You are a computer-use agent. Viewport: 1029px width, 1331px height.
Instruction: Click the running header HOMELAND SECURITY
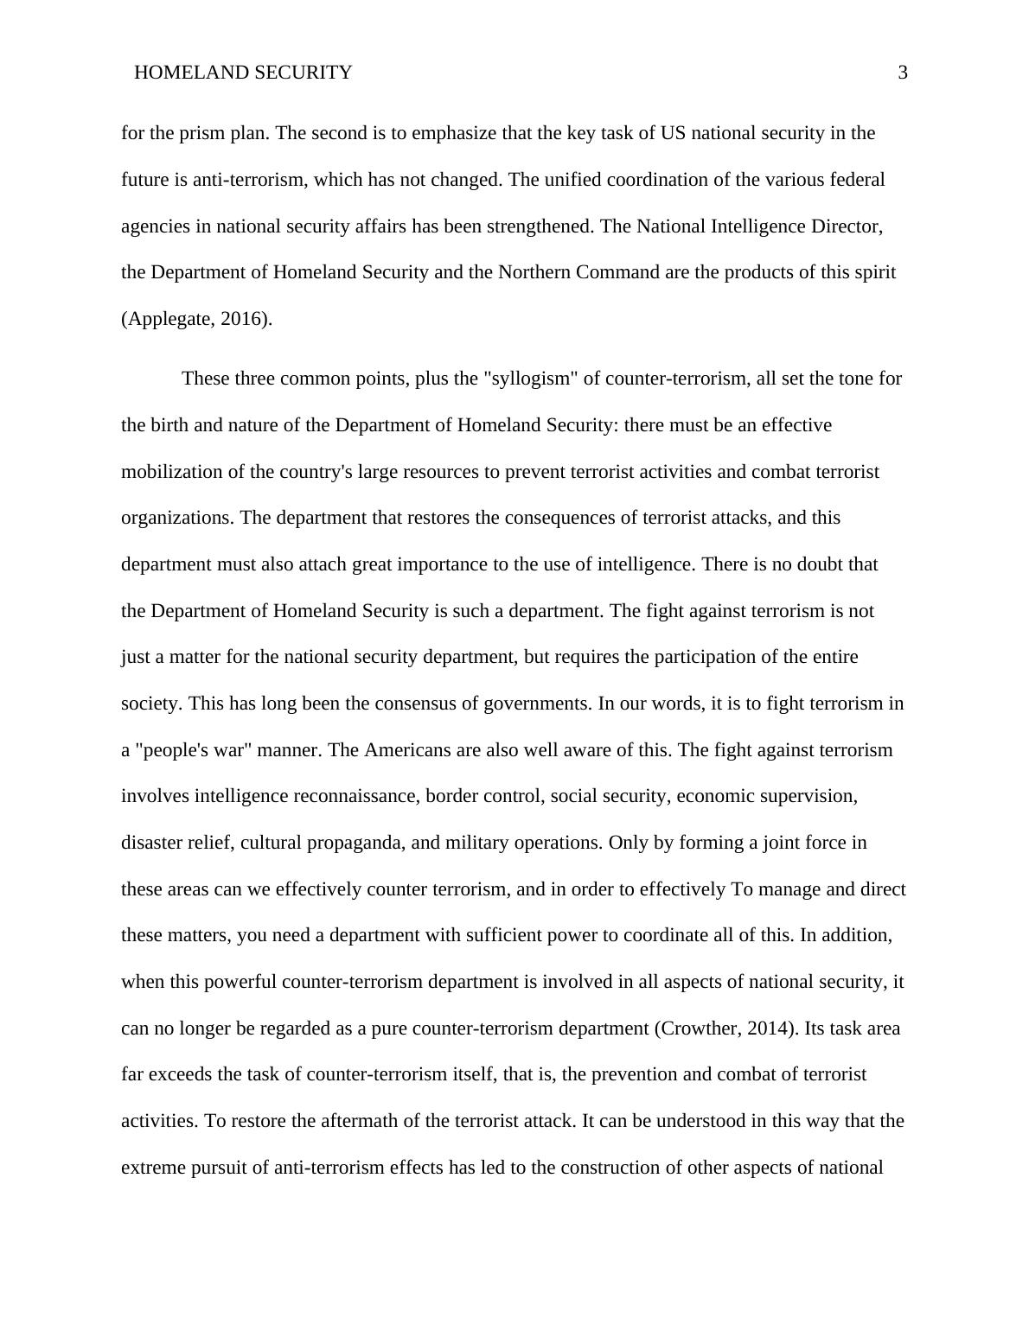243,73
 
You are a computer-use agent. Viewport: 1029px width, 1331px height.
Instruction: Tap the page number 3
903,73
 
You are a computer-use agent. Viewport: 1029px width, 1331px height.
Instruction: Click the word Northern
533,272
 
